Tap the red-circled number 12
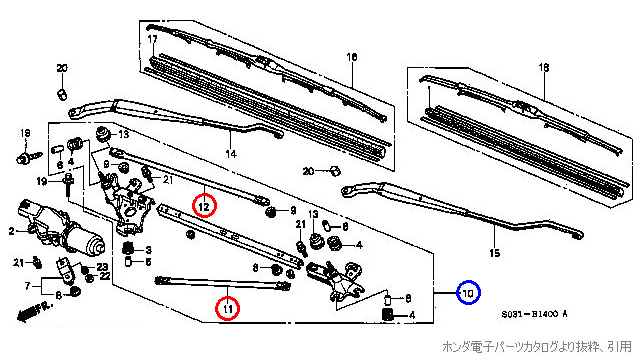[x=204, y=206]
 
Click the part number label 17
[x=153, y=39]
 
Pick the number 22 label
[x=105, y=276]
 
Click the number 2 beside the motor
[x=11, y=231]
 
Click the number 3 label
[x=148, y=249]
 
